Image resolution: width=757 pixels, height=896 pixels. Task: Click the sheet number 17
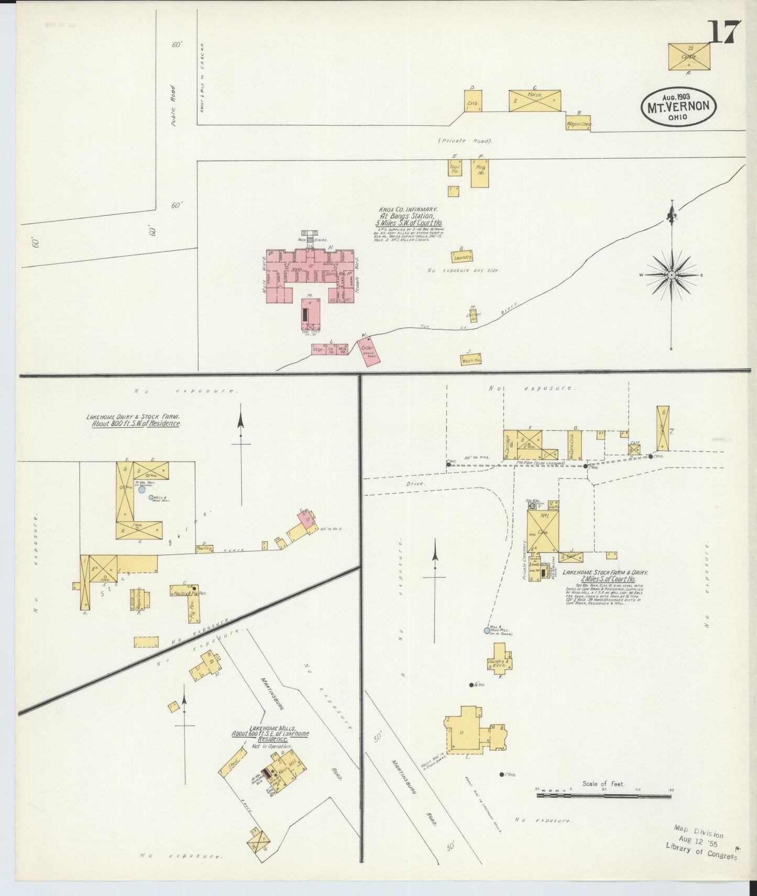point(725,32)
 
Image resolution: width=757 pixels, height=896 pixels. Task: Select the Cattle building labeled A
point(689,56)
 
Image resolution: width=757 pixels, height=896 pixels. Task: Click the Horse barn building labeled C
point(534,101)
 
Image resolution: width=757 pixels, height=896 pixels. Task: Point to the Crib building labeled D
point(473,101)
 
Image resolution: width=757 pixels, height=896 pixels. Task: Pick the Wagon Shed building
point(578,123)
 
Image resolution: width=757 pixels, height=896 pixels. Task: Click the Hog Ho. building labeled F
point(479,173)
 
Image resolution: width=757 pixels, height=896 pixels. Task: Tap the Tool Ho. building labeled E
point(454,168)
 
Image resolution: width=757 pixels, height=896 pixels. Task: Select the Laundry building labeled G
point(463,257)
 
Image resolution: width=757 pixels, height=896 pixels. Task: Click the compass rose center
point(671,275)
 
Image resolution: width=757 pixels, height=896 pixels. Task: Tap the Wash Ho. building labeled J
point(470,360)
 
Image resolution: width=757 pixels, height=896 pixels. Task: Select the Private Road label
point(465,141)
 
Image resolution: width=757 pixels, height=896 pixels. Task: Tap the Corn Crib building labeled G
point(572,445)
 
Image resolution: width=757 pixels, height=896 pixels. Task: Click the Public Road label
point(172,106)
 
